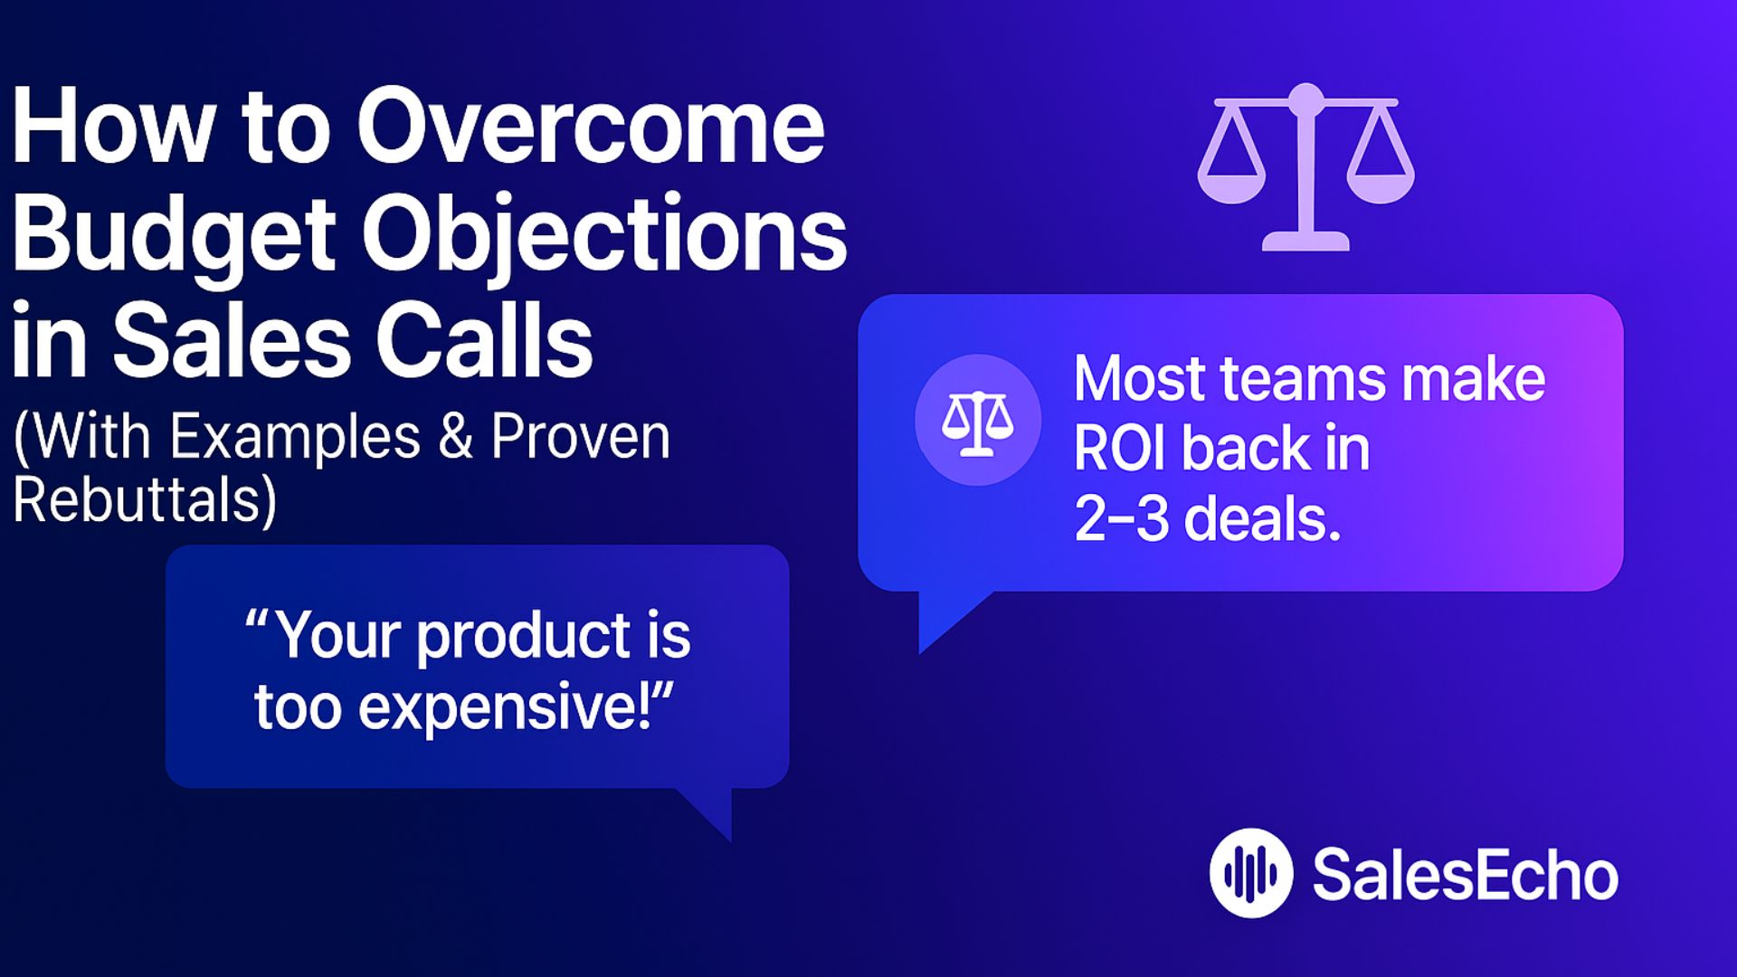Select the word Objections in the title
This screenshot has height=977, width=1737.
coord(603,235)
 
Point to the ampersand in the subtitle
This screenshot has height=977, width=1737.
coord(456,436)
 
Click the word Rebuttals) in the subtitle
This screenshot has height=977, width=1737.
coord(145,500)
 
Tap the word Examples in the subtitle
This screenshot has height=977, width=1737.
coord(295,436)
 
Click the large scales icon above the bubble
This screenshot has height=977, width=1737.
coord(1305,167)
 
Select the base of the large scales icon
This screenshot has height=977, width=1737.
coord(1305,242)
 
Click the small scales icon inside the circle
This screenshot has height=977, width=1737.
coord(977,421)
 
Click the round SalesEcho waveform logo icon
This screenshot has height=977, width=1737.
coord(1250,873)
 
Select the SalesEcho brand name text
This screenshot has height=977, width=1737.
coord(1464,875)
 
